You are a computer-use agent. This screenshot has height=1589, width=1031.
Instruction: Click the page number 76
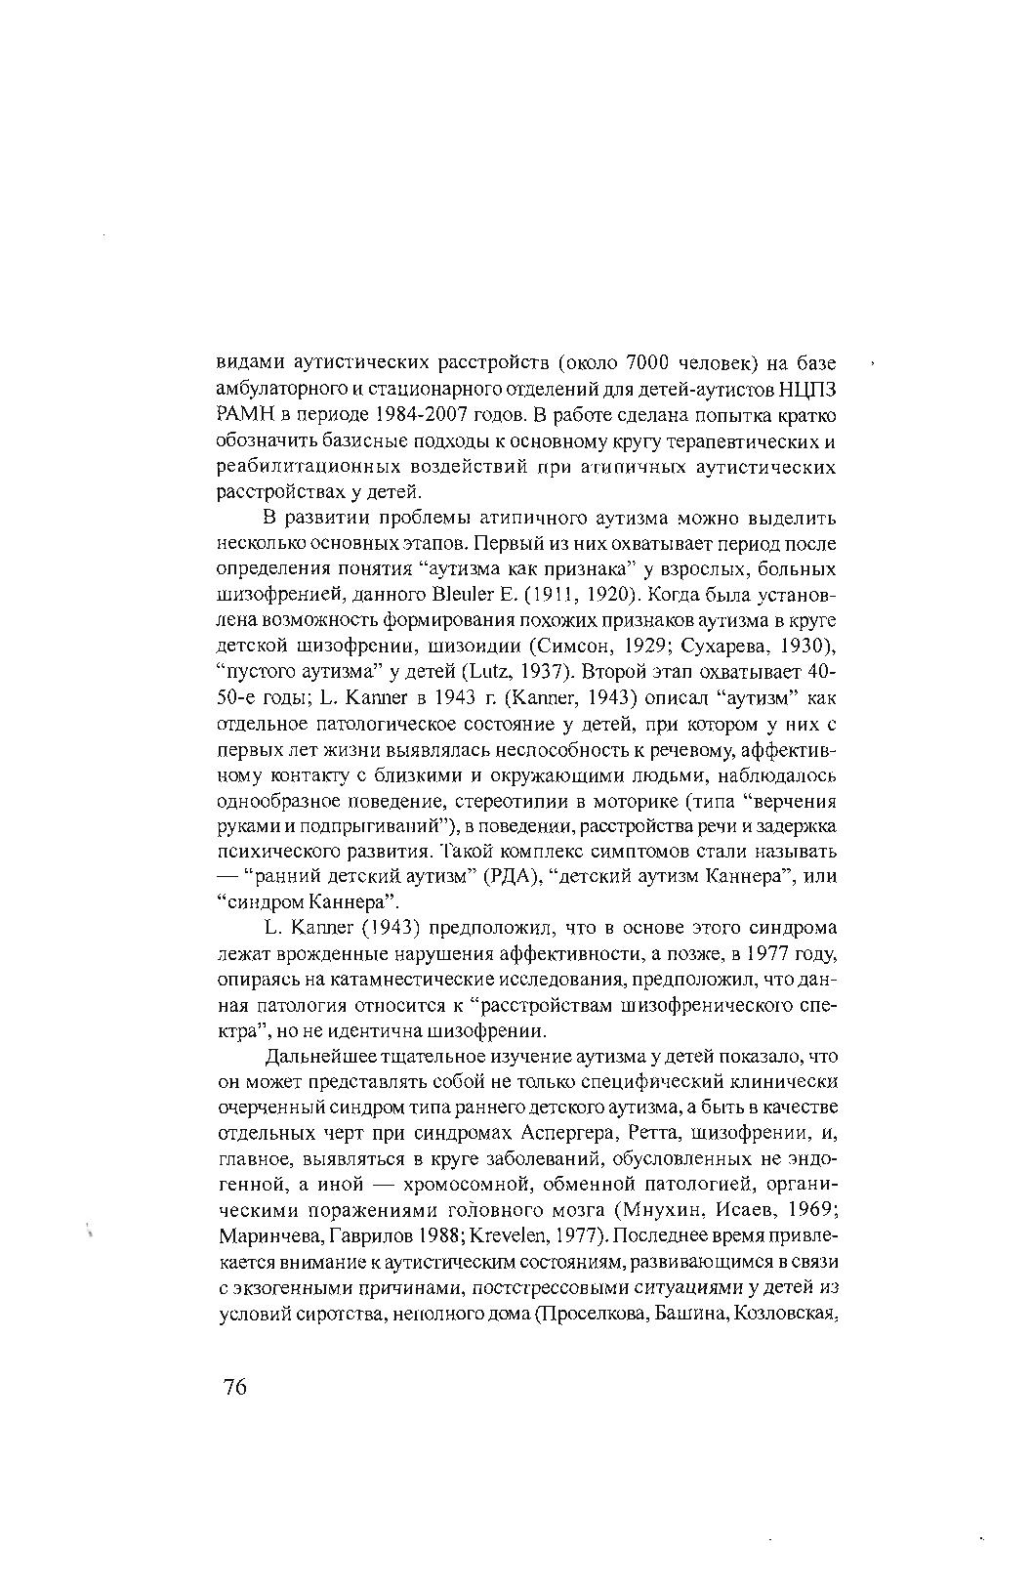235,1387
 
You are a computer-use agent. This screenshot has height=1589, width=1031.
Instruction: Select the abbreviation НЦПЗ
807,390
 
